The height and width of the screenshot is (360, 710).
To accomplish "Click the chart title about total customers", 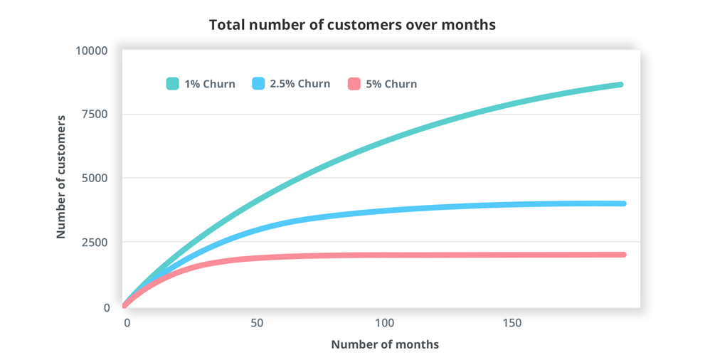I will click(352, 25).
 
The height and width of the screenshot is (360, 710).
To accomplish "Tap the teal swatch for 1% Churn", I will click(172, 84).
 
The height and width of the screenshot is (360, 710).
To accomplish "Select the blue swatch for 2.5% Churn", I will click(258, 84).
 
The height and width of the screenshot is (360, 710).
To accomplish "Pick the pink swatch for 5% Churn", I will click(354, 84).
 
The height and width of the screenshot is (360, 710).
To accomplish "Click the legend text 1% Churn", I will click(210, 84).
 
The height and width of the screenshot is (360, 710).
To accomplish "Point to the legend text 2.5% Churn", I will click(300, 84).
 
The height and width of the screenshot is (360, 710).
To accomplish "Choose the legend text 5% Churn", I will click(391, 84).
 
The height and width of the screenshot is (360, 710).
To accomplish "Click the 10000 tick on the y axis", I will click(92, 51).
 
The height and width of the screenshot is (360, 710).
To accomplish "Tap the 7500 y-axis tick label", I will click(95, 115).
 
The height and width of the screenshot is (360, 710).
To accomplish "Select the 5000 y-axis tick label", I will click(95, 178).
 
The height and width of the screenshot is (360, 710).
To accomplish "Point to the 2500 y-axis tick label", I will click(95, 243).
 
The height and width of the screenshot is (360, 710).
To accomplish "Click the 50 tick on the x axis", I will click(257, 323).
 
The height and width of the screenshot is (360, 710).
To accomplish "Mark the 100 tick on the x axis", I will click(384, 323).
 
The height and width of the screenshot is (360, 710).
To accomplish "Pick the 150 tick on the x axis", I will click(512, 323).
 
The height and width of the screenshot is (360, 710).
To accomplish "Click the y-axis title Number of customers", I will click(61, 177).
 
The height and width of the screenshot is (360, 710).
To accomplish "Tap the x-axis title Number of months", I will click(385, 344).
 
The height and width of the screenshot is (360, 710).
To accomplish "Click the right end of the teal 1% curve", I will click(620, 85).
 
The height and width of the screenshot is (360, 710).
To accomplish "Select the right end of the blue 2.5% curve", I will click(622, 203).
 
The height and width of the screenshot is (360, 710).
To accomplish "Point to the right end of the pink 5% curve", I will click(622, 254).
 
